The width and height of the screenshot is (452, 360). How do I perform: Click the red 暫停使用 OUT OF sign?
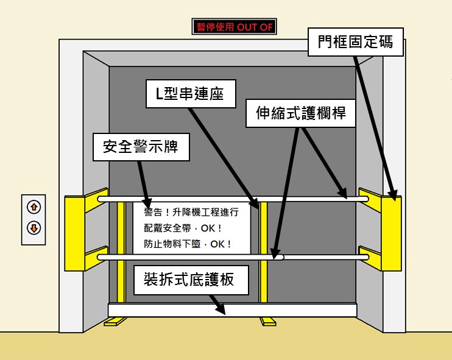click(x=235, y=27)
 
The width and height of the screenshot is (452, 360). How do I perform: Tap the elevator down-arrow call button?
click(x=34, y=228)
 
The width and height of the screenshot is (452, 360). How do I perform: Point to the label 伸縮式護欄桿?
click(x=301, y=113)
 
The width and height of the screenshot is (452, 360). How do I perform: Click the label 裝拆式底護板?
click(x=188, y=280)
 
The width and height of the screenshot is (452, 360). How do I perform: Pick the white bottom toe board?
click(x=231, y=310)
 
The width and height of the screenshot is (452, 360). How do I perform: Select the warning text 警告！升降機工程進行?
click(x=191, y=213)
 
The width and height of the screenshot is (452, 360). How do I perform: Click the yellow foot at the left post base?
click(x=114, y=322)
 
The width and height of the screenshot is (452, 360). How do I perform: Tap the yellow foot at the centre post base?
click(x=267, y=321)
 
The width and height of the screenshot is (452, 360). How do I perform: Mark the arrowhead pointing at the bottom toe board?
click(x=222, y=310)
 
